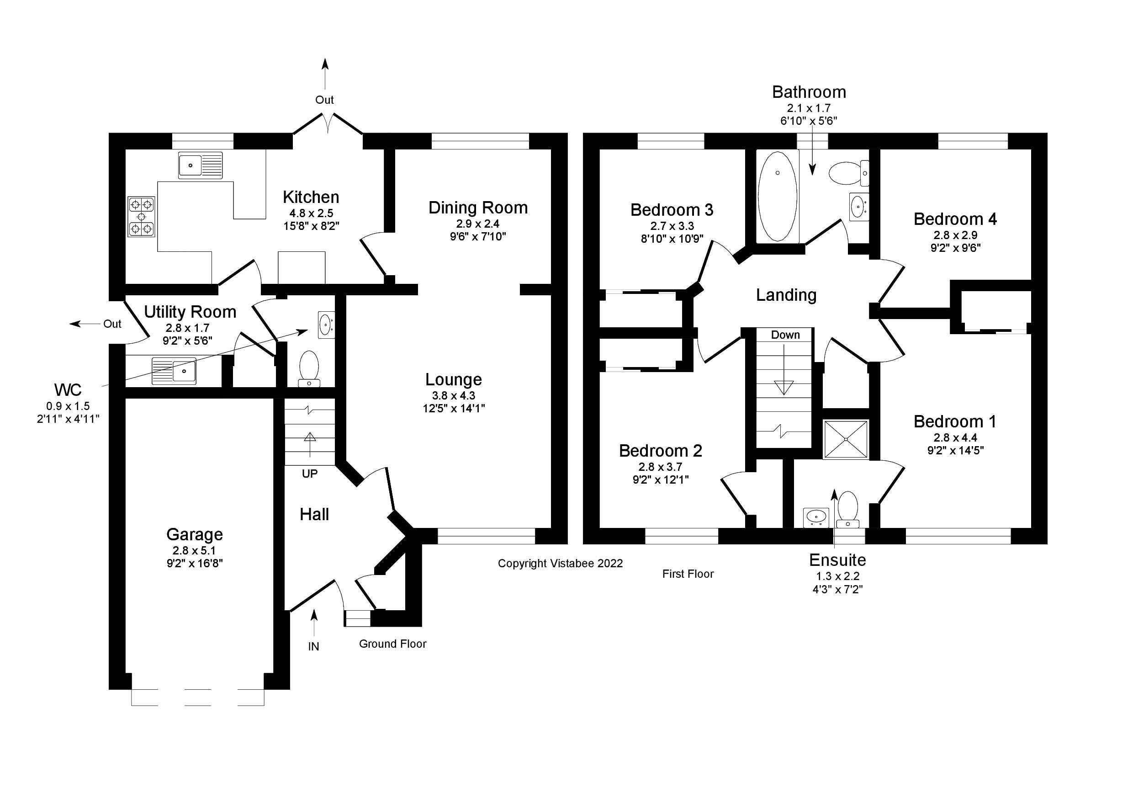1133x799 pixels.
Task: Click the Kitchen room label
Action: pyautogui.click(x=310, y=197)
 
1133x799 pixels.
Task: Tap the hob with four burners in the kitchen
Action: pyautogui.click(x=141, y=216)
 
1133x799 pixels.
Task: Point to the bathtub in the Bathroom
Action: pyautogui.click(x=777, y=196)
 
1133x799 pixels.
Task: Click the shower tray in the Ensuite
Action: pyautogui.click(x=845, y=439)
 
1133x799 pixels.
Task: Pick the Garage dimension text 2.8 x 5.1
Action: pyautogui.click(x=195, y=550)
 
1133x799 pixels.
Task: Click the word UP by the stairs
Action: pyautogui.click(x=309, y=474)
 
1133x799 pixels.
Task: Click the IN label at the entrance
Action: pyautogui.click(x=313, y=646)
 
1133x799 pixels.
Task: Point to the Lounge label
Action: pyautogui.click(x=454, y=379)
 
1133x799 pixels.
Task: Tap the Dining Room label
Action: pyautogui.click(x=478, y=208)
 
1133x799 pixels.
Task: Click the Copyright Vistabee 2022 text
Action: pyautogui.click(x=560, y=564)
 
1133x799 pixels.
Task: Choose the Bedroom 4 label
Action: pyautogui.click(x=955, y=219)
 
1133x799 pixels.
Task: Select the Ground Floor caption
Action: pyautogui.click(x=392, y=644)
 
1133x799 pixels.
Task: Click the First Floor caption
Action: pyautogui.click(x=688, y=574)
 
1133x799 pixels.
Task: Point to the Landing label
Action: pyautogui.click(x=786, y=295)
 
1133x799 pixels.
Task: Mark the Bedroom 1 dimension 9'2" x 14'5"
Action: pyautogui.click(x=955, y=450)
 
